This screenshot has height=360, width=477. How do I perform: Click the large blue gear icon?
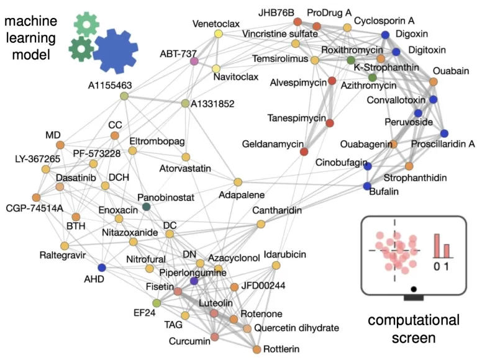116,51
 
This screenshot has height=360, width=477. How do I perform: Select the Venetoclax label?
216,24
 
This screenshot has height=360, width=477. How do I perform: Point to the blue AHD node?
102,268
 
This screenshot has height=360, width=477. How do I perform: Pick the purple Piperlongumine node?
194,281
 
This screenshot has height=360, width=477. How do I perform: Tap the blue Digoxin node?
385,35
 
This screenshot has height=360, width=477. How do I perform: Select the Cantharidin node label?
277,211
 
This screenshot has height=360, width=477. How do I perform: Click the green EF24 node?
157,302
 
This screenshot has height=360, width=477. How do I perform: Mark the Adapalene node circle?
237,182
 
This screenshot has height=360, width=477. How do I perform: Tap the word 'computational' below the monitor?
413,321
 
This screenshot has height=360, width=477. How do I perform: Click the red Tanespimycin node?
329,123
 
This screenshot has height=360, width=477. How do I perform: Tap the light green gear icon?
86,24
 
